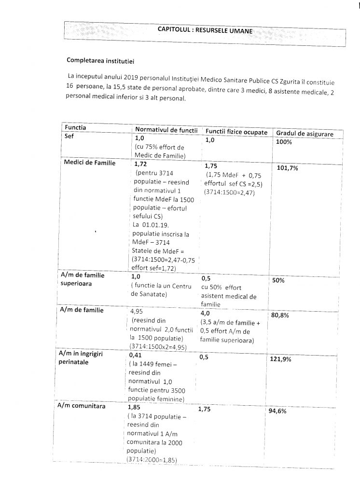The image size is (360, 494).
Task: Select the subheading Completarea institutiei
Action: click(x=100, y=61)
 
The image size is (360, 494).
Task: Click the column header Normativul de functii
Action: click(x=166, y=129)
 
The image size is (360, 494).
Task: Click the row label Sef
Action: click(x=69, y=137)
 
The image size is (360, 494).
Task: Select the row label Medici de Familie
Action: click(x=89, y=163)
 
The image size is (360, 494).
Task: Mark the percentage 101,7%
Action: click(x=288, y=168)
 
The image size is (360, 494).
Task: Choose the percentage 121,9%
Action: click(x=288, y=359)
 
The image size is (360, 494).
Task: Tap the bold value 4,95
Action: click(x=138, y=311)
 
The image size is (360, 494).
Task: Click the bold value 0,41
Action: click(x=137, y=355)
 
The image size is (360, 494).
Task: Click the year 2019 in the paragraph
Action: click(x=132, y=77)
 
